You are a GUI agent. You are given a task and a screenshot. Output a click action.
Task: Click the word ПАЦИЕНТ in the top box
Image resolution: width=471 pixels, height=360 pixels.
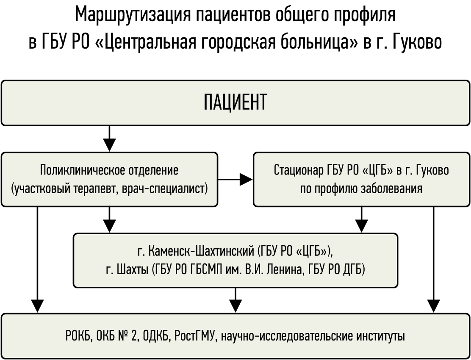(x=235, y=102)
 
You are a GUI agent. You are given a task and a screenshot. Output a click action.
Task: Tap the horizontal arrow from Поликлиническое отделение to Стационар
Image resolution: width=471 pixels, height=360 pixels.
(x=235, y=180)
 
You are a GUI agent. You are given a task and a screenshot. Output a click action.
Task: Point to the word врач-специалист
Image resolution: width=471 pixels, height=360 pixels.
(x=165, y=189)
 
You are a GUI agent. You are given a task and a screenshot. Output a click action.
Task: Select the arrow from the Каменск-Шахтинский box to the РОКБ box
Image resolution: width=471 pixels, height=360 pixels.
(x=235, y=300)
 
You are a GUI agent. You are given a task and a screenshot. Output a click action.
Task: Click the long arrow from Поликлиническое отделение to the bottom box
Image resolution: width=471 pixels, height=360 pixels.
(x=37, y=260)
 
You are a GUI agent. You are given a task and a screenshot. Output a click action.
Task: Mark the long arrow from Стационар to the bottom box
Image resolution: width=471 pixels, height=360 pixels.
(x=433, y=260)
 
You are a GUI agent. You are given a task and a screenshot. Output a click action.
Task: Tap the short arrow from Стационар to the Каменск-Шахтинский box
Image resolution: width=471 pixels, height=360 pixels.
(x=361, y=219)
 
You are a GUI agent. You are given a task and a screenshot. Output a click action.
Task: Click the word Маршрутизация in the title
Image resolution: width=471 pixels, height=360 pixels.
(x=133, y=15)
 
